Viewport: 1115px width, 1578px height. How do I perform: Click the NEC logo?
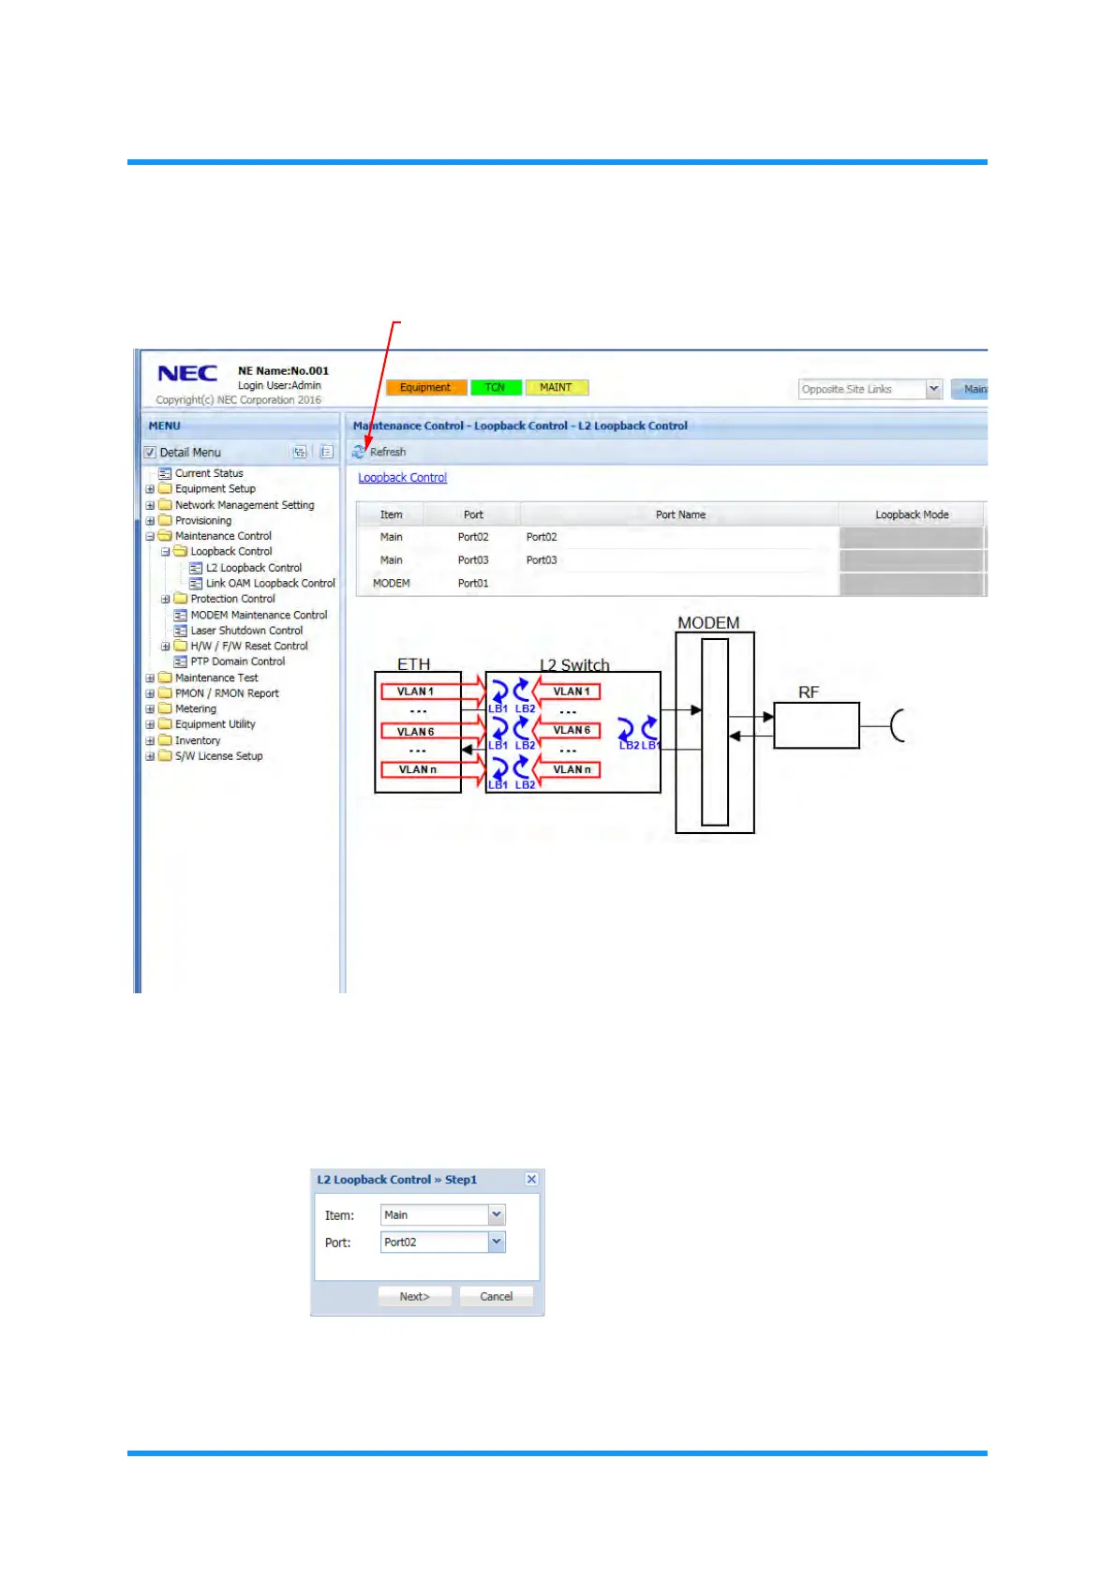[x=187, y=373]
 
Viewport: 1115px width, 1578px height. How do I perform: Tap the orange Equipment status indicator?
[x=424, y=388]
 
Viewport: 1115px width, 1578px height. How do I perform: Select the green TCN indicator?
[x=495, y=388]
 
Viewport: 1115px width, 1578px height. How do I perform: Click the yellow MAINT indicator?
[x=556, y=388]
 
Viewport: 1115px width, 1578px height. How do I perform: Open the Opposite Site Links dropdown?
[x=933, y=389]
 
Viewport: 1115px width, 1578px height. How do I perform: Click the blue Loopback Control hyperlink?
[x=402, y=478]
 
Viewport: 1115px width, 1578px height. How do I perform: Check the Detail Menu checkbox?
[x=150, y=453]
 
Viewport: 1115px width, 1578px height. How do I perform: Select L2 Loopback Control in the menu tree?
[x=253, y=568]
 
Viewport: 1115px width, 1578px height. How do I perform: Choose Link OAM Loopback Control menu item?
[x=270, y=583]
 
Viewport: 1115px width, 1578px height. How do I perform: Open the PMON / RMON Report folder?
[x=227, y=693]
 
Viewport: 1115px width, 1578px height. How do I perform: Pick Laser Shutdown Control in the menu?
[x=246, y=631]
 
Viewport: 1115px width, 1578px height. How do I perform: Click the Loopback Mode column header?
[x=912, y=514]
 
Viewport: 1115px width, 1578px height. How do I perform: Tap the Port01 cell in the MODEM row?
[x=473, y=583]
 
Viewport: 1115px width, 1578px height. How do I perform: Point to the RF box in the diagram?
[x=816, y=725]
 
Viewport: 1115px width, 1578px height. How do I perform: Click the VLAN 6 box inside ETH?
[x=416, y=731]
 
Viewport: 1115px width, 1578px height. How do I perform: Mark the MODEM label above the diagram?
[x=708, y=623]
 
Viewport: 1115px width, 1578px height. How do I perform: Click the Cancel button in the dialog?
[x=496, y=1297]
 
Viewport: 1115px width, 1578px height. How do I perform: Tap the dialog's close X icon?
[x=531, y=1180]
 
